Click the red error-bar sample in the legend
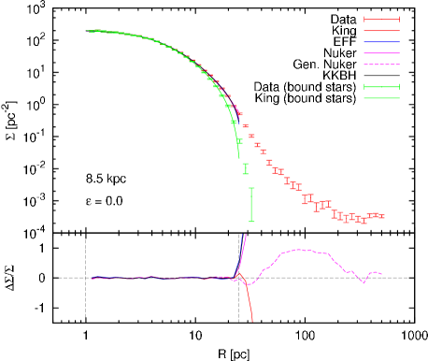pos(381,20)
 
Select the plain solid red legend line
pos(381,31)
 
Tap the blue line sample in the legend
pos(381,42)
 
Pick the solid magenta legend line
pos(381,53)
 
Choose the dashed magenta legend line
pos(381,65)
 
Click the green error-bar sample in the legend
pos(381,87)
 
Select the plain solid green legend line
pos(381,98)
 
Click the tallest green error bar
pos(251,204)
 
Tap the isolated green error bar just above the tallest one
pos(246,169)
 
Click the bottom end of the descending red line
pos(252,321)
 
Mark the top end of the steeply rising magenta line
pos(246,234)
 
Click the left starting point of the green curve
pos(87,31)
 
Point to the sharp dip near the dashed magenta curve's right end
pos(363,282)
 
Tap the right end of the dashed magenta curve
pos(382,274)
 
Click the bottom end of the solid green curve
pos(239,155)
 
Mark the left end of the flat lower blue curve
pos(92,278)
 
